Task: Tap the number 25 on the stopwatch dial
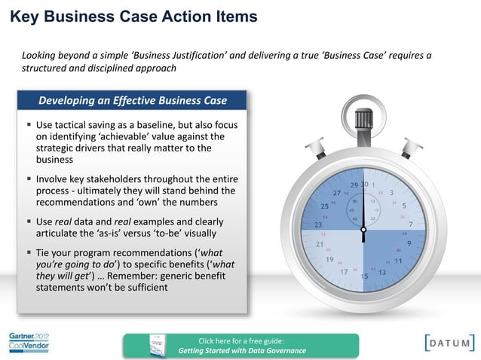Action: [x=325, y=206]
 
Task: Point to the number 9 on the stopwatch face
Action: [x=409, y=243]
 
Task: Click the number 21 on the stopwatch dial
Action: [x=320, y=244]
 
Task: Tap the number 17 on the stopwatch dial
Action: [x=345, y=270]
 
